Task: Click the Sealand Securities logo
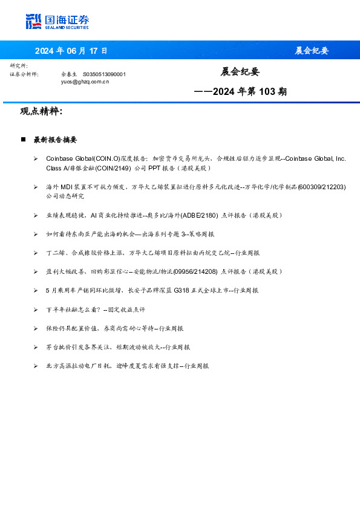[x=57, y=22]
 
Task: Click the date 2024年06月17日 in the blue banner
[x=71, y=51]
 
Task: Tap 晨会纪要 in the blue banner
[x=312, y=51]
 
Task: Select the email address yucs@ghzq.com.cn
[x=85, y=81]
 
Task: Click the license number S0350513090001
[x=104, y=74]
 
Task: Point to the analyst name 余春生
[x=69, y=74]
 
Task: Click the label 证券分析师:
[x=24, y=74]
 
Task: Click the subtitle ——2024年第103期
[x=240, y=92]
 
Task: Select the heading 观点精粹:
[x=41, y=111]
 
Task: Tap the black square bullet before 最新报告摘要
[x=23, y=140]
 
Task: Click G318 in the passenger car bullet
[x=181, y=290]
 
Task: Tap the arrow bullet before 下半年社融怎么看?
[x=36, y=310]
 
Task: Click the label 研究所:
[x=19, y=65]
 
